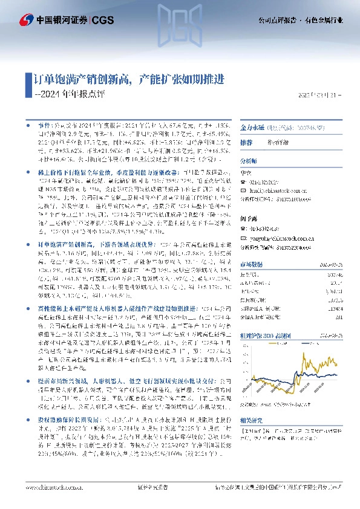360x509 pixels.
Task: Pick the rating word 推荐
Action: tap(246, 143)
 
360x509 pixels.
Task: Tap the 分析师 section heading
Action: tap(249, 162)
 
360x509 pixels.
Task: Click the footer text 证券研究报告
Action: tap(148, 499)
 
